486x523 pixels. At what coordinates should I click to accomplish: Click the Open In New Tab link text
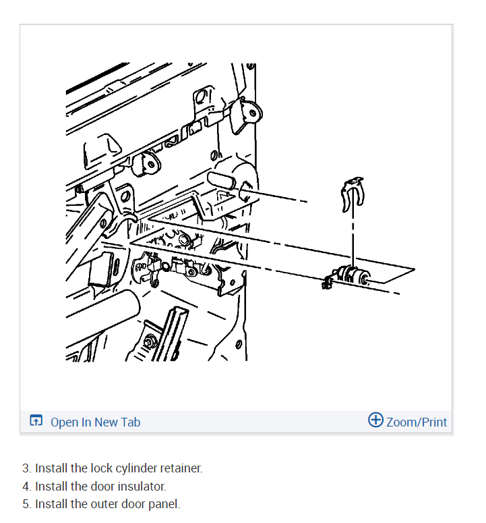[95, 422]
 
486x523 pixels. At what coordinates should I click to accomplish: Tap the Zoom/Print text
[416, 422]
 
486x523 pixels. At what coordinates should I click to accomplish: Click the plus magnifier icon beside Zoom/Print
[375, 420]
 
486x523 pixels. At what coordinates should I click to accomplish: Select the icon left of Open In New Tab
[36, 422]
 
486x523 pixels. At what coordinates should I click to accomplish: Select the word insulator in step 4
[141, 486]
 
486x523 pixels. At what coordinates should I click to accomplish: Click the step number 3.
[26, 468]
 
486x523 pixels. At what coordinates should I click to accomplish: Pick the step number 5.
[26, 504]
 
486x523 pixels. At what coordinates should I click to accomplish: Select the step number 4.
[26, 486]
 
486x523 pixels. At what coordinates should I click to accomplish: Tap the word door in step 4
[102, 486]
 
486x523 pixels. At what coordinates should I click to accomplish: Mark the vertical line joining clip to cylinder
[352, 236]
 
